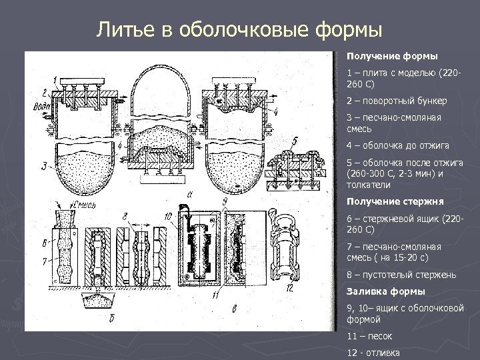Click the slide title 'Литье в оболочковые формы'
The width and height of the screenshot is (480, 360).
(x=239, y=30)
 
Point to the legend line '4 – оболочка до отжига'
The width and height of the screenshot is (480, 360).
(x=398, y=145)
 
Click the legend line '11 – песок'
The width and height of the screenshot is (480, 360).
(x=369, y=337)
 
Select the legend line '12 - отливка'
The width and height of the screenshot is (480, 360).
(x=373, y=353)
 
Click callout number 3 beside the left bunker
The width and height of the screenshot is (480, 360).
(x=43, y=165)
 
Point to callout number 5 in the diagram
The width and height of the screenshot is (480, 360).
(x=294, y=141)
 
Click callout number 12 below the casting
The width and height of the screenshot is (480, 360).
(x=288, y=288)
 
